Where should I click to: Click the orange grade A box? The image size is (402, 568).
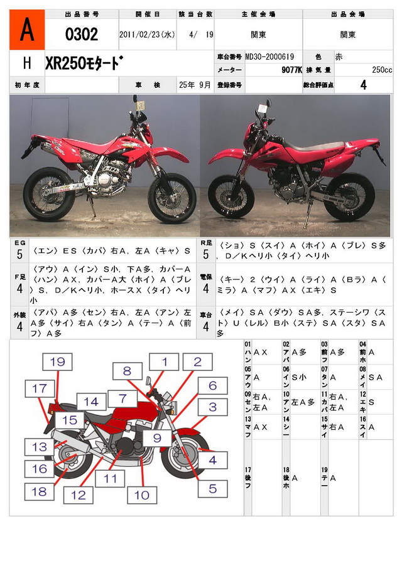(x=27, y=29)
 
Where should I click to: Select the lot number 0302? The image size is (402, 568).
(x=82, y=35)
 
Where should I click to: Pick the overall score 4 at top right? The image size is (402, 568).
(x=363, y=85)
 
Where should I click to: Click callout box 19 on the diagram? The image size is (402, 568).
(x=58, y=362)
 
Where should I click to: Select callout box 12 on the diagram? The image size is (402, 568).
(x=78, y=495)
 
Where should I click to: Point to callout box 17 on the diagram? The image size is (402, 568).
(x=40, y=388)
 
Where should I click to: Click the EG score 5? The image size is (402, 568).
(x=19, y=254)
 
